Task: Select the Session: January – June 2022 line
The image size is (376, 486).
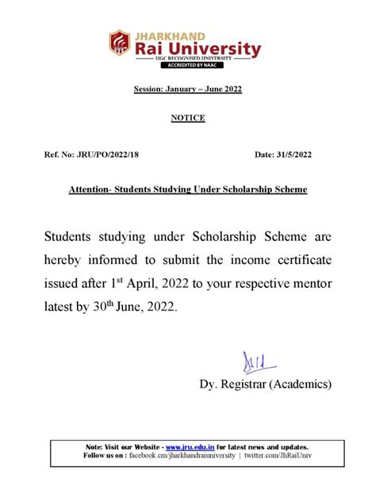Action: [187, 90]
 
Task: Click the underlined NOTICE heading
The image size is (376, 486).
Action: [188, 118]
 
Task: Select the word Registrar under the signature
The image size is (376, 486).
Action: [247, 385]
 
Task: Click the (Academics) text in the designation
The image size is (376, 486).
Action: [301, 385]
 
